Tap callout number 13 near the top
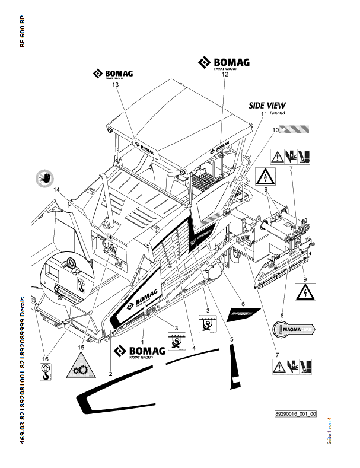[115, 85]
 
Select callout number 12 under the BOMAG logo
[225, 75]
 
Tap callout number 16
[46, 359]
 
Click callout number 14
[57, 189]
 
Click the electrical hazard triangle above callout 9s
[265, 176]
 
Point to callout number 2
[111, 374]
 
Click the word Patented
[277, 113]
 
